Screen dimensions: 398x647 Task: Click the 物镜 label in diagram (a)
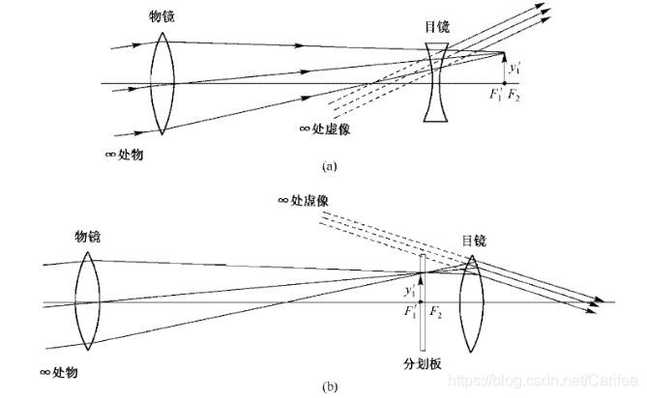click(162, 17)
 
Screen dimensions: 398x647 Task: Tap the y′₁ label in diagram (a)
click(516, 69)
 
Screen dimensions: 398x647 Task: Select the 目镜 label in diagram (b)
click(474, 240)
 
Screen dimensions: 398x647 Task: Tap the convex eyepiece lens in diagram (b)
click(473, 305)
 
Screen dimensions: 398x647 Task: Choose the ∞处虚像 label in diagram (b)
click(305, 201)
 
